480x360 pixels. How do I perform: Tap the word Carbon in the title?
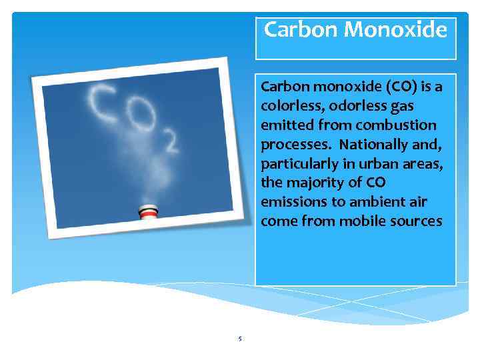301,30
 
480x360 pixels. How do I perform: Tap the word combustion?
396,125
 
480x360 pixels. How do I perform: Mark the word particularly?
297,164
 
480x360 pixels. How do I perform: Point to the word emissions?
292,202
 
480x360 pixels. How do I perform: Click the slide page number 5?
240,339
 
